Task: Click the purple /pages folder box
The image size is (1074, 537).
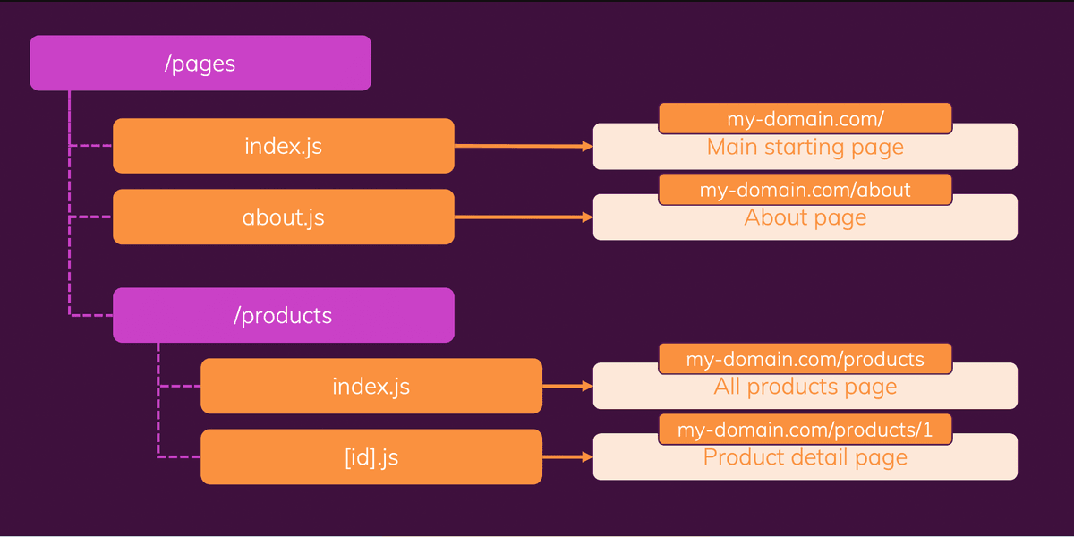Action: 200,63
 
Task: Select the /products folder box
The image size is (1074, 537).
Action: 284,315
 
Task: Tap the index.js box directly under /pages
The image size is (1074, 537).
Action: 284,146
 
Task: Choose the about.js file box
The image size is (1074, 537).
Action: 284,217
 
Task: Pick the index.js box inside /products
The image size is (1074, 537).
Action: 371,386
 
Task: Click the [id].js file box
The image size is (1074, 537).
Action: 371,457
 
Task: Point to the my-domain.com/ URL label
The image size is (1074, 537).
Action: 805,118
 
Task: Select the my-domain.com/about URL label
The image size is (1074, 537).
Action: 805,190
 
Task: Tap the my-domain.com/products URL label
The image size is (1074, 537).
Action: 805,359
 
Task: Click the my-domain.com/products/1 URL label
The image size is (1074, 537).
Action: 805,430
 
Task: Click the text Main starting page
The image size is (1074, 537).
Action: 805,147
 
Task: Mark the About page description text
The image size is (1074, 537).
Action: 805,218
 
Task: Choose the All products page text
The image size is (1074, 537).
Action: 805,387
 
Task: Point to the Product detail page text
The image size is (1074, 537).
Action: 805,457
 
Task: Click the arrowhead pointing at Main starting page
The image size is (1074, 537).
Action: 587,146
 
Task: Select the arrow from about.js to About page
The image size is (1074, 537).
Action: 524,217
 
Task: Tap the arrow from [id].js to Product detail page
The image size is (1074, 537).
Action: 567,457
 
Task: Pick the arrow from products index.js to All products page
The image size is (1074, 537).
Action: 567,386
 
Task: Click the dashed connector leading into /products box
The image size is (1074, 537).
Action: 91,315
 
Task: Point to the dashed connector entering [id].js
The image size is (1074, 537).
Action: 178,456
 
